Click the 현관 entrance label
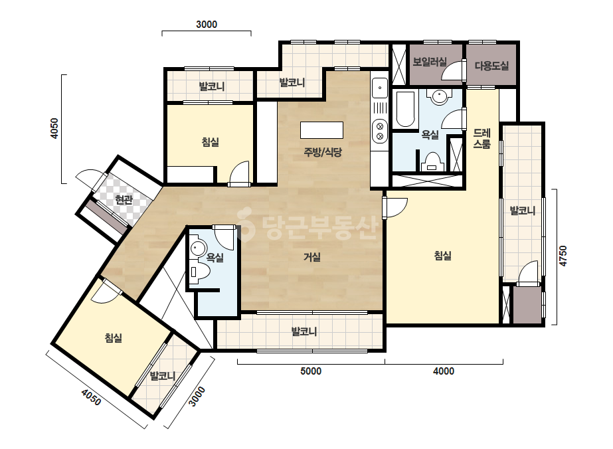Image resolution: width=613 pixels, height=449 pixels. click(124, 200)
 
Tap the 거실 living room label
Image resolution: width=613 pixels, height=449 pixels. click(312, 257)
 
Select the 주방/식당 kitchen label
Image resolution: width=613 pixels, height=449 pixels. click(323, 152)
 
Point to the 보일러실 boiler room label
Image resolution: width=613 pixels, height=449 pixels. click(429, 62)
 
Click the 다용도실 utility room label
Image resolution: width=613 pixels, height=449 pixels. click(492, 66)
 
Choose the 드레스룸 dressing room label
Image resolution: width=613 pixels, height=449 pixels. click(482, 138)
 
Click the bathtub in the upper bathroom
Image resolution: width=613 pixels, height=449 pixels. click(405, 110)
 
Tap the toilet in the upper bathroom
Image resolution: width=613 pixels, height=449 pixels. click(432, 162)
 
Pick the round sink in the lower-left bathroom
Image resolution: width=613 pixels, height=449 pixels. click(198, 248)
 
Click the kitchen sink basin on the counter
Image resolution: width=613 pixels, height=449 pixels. click(380, 88)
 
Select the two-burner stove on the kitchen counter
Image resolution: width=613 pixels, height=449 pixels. click(380, 131)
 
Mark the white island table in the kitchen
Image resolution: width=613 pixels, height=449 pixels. click(321, 130)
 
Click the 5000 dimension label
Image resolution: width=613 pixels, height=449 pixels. click(311, 371)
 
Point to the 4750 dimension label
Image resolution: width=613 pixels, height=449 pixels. click(563, 256)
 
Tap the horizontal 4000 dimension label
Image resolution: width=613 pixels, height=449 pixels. click(444, 371)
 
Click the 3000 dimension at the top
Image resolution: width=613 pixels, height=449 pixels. click(207, 25)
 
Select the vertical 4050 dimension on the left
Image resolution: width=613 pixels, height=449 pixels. click(54, 129)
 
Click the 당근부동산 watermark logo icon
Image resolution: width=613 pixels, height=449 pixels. click(246, 224)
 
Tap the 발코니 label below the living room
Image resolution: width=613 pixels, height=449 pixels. click(304, 331)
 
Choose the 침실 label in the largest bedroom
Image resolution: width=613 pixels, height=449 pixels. click(442, 256)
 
